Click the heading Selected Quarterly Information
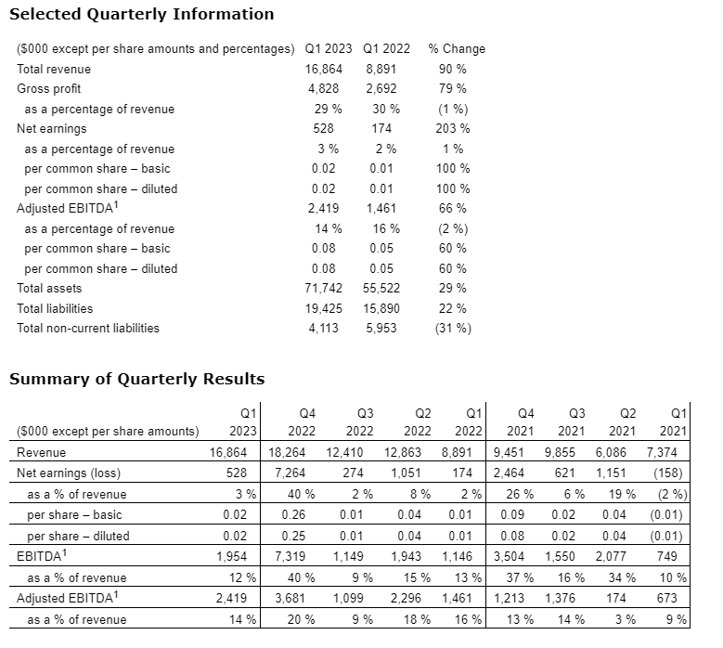coord(141,14)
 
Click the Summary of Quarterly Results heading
coord(136,379)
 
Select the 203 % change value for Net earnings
coord(452,129)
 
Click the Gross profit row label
coord(48,89)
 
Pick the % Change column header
coord(457,49)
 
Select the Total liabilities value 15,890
coord(381,308)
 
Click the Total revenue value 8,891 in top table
coord(381,69)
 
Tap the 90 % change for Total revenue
coord(452,69)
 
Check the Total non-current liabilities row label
coord(88,329)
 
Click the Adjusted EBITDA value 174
coord(616,599)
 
